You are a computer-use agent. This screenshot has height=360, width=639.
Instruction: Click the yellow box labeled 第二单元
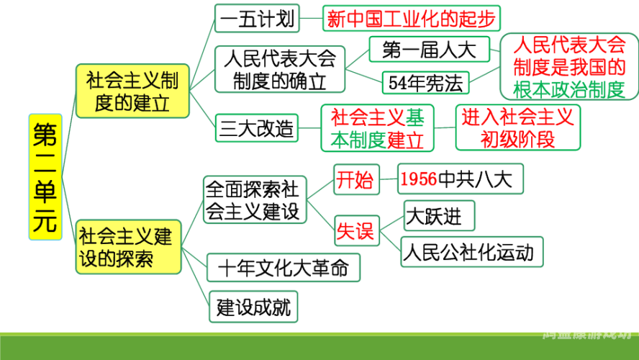tap(45, 176)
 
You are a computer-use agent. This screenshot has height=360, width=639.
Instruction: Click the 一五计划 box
tap(256, 18)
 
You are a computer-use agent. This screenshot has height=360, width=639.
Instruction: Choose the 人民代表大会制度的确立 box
tap(279, 69)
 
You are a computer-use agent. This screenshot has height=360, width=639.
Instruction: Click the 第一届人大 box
tap(429, 50)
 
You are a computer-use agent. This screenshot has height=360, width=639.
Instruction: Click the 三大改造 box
tap(257, 129)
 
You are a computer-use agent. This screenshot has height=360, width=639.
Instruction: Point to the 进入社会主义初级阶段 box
tap(517, 127)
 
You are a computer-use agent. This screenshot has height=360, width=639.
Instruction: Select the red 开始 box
tap(355, 180)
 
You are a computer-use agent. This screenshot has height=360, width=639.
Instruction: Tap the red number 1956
tap(418, 179)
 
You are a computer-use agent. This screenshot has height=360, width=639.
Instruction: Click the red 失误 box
tap(355, 230)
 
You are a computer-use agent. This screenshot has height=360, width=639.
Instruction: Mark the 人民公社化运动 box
tap(471, 252)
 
